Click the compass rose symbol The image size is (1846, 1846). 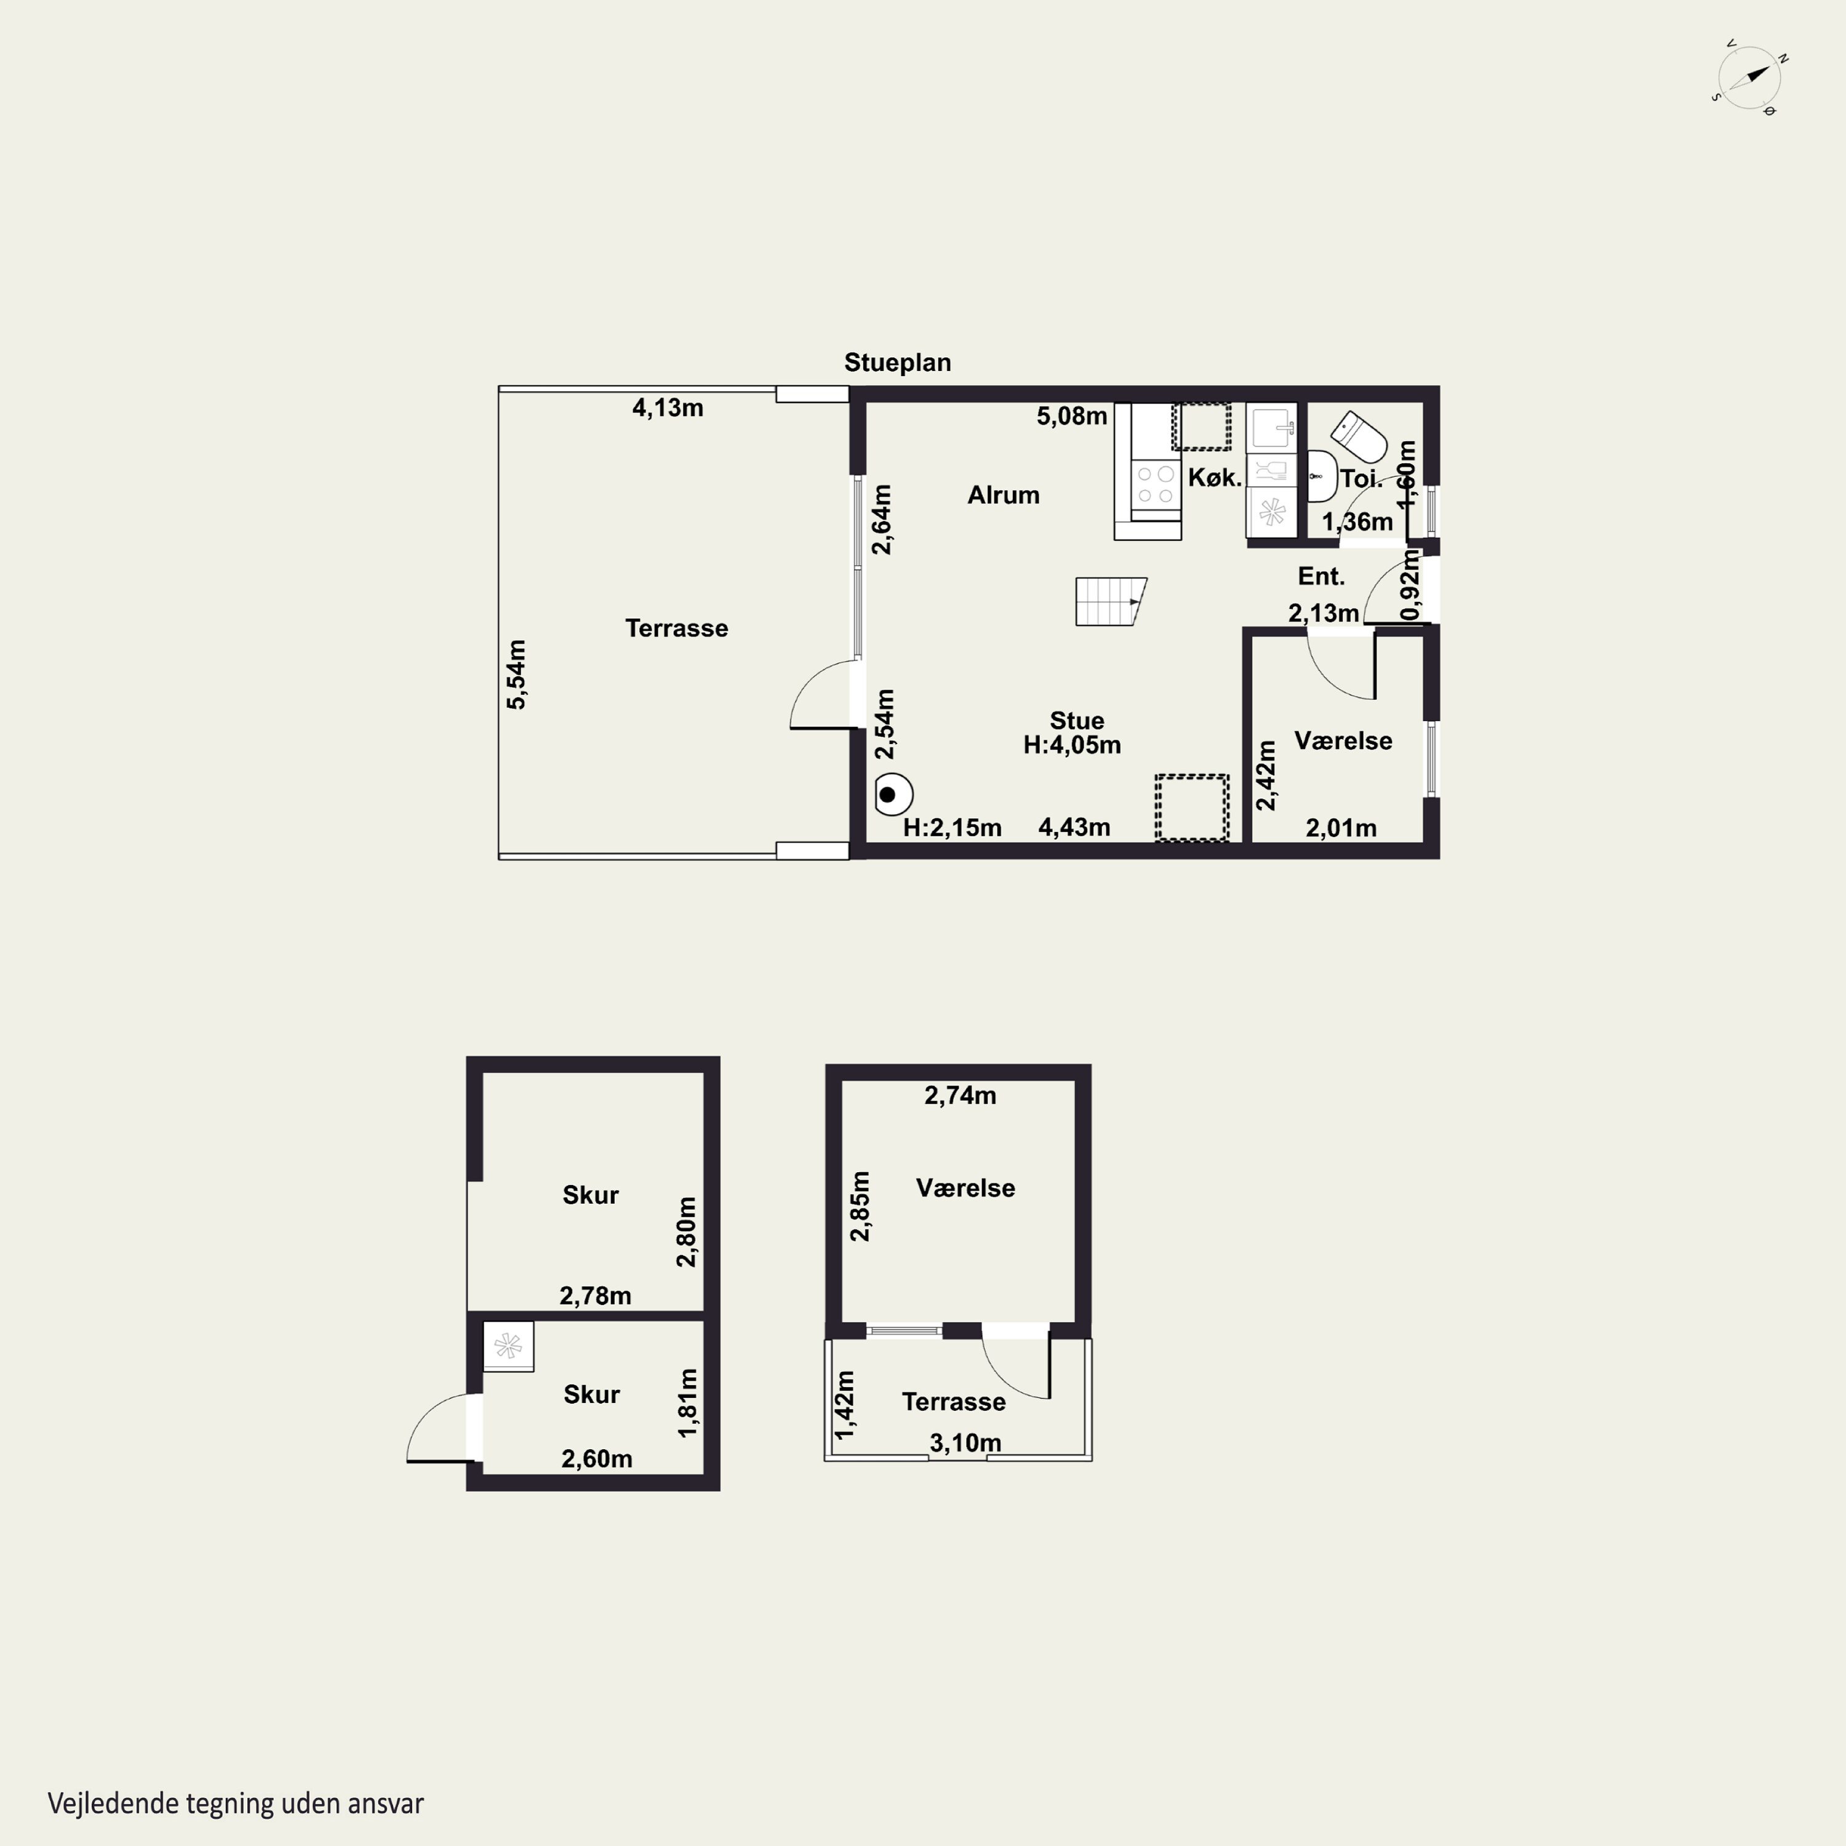click(1749, 78)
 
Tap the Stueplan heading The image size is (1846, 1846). click(897, 363)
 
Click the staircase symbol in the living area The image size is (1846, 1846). click(1110, 601)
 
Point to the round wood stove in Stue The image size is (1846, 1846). click(893, 794)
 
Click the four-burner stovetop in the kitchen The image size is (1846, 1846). click(1155, 484)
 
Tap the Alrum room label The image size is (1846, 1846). click(1003, 495)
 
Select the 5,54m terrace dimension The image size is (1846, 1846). click(516, 674)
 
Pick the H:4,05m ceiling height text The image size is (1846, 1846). click(1072, 745)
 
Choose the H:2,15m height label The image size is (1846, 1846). click(953, 828)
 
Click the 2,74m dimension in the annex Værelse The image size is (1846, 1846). click(961, 1096)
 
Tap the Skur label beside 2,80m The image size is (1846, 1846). click(591, 1196)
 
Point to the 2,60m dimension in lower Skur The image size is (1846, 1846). click(597, 1459)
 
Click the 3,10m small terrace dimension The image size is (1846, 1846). click(966, 1443)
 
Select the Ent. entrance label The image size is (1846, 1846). click(1322, 576)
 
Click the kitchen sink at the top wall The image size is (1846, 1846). click(1272, 428)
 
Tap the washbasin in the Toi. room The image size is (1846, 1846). click(1322, 476)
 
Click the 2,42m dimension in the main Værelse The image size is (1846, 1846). click(1266, 776)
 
